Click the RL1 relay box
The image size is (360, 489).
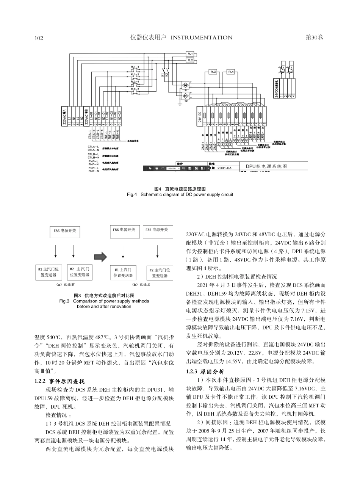click(x=190, y=54)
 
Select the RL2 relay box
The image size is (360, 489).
click(x=190, y=60)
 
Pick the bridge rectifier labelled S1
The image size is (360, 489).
click(x=186, y=85)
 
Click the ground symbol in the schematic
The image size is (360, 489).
click(x=179, y=103)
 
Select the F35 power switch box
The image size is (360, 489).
click(x=157, y=230)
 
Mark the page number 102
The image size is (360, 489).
click(x=39, y=38)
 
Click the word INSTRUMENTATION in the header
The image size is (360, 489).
click(x=202, y=38)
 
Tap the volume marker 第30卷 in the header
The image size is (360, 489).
click(x=314, y=38)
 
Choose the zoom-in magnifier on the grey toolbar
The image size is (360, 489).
click(x=183, y=168)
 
